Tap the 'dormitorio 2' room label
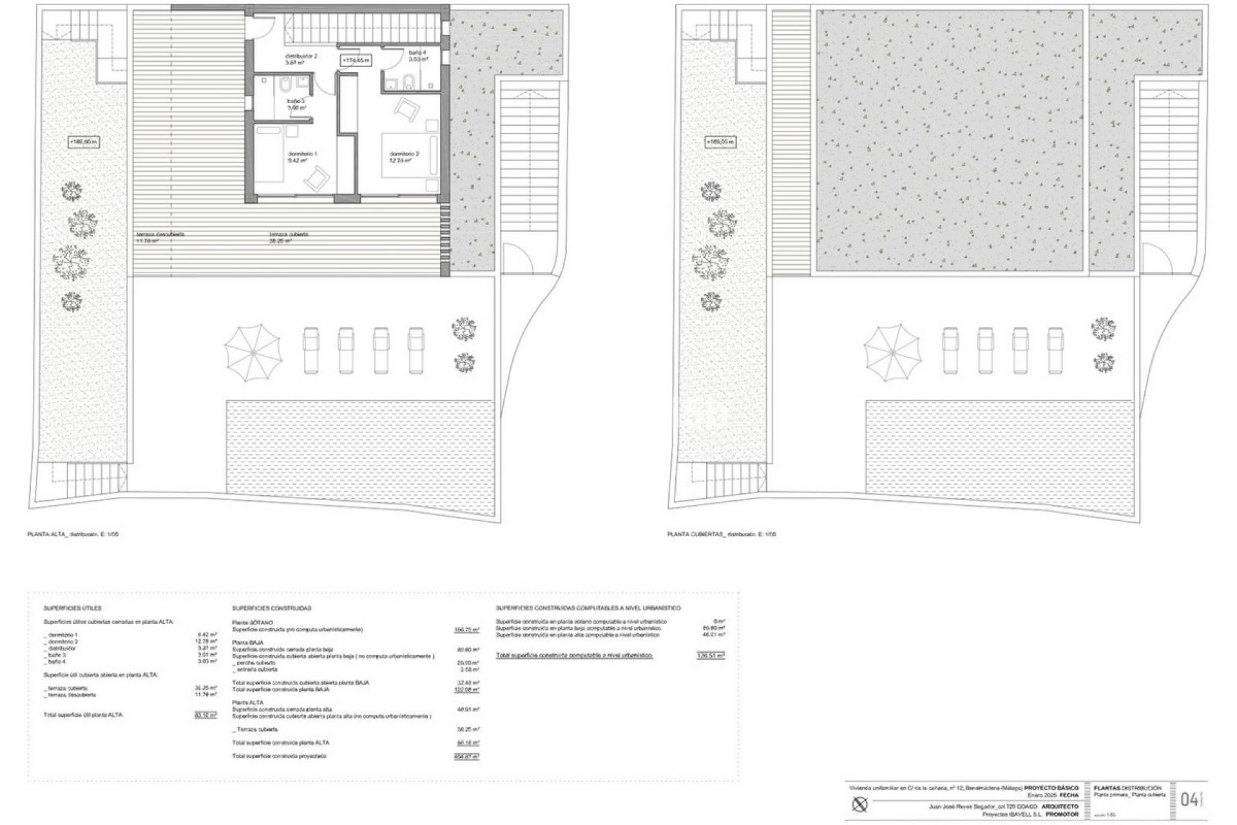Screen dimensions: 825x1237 pos(404,154)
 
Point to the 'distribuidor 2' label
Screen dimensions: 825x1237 pos(302,56)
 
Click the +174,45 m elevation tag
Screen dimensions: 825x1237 pos(356,60)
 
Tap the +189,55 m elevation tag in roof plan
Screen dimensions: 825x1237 pos(720,142)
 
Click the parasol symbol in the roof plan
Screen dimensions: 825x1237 pos(892,353)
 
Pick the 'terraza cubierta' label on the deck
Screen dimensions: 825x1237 pos(289,235)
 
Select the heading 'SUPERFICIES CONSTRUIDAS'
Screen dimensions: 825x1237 pos(271,608)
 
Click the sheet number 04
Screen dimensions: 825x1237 pos(1189,800)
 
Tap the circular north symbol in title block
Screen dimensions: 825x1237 pos(861,804)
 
